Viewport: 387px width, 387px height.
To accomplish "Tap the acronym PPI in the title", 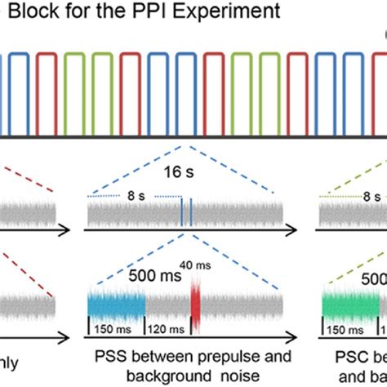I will point(157,12).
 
